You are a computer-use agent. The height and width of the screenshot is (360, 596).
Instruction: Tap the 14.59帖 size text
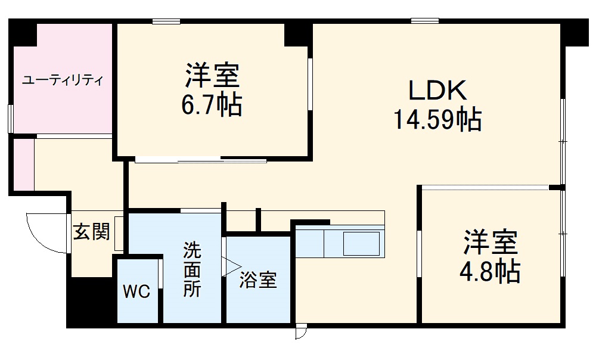[436, 120]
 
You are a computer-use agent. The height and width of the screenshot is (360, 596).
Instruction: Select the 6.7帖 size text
[212, 105]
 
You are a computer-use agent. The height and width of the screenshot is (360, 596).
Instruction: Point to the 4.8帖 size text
[490, 272]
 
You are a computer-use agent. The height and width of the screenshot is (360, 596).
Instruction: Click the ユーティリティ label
[63, 80]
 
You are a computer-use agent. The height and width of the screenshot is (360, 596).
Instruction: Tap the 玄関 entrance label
[91, 232]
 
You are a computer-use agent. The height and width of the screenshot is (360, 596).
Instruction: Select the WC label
[137, 292]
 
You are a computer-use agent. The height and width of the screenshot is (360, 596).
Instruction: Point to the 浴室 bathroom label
[258, 280]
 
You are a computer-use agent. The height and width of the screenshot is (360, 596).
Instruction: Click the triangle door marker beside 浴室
[231, 266]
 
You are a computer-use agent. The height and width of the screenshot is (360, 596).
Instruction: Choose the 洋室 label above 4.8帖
[491, 243]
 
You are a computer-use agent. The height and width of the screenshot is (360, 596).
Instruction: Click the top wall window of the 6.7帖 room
[166, 21]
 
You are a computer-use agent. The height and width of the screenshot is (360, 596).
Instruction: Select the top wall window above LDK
[424, 21]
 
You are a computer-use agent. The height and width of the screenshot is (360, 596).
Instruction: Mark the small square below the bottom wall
[300, 332]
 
